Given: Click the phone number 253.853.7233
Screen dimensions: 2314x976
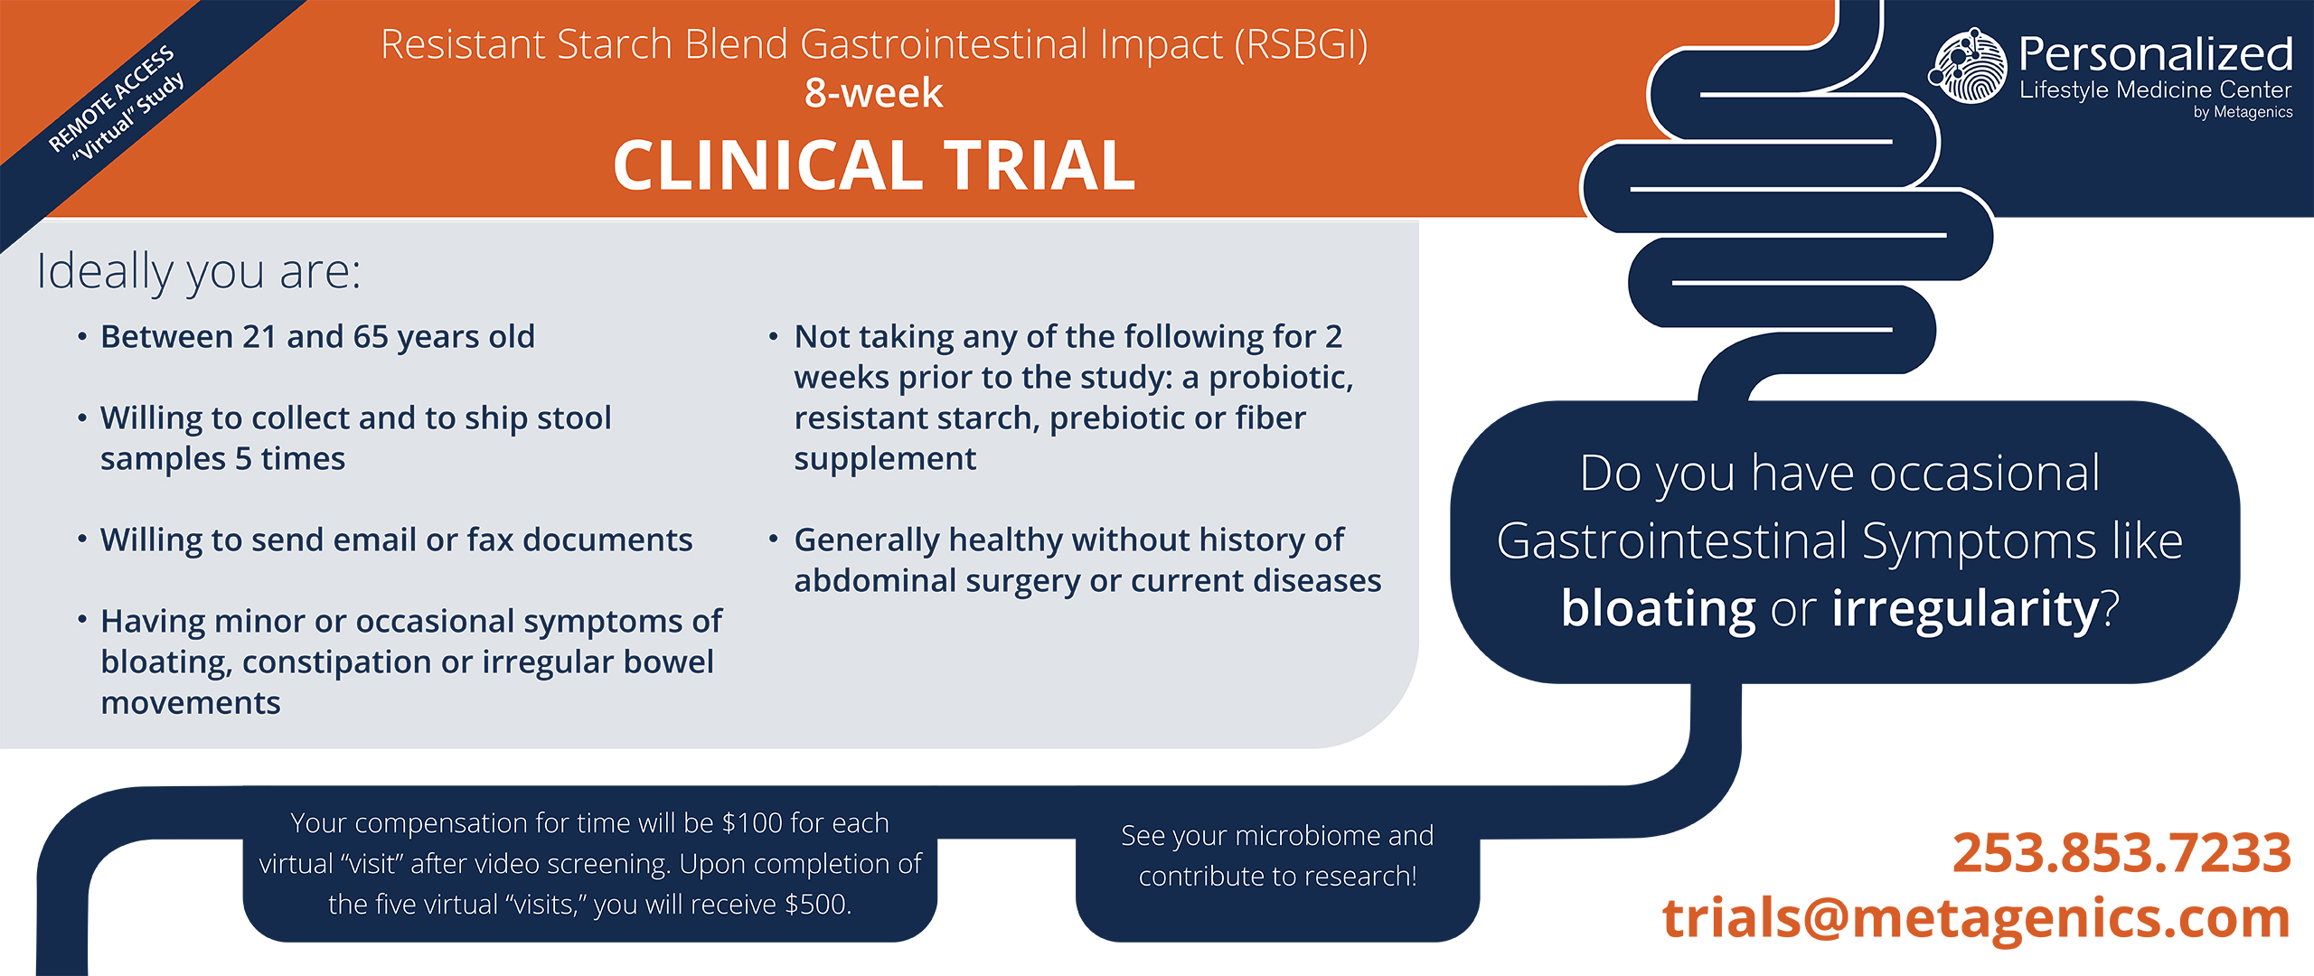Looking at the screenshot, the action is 2121,853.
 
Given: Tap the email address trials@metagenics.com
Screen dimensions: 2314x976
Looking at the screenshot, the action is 1976,918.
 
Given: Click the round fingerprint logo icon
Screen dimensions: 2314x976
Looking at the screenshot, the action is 1969,66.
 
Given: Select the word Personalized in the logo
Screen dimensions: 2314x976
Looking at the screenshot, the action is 2156,54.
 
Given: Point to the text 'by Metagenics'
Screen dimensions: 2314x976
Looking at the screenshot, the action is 2243,112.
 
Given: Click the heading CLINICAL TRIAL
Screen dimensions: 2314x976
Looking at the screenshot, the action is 874,165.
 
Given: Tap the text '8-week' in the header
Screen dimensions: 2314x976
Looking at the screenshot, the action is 874,92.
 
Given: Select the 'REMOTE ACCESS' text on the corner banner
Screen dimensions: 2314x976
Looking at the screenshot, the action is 111,98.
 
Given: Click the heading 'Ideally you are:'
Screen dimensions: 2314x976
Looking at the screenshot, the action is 199,271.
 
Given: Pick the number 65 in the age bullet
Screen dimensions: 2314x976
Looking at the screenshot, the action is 371,336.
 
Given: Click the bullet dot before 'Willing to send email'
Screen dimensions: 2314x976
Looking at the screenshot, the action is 82,540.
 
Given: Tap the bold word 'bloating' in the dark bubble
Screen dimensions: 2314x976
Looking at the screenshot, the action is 1658,607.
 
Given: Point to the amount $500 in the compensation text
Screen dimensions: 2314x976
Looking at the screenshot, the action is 817,904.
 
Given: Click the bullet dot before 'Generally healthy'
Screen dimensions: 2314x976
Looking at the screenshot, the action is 774,540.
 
